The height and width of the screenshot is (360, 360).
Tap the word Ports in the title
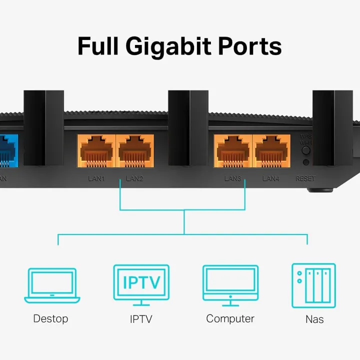click(x=251, y=46)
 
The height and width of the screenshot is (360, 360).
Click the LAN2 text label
click(x=134, y=178)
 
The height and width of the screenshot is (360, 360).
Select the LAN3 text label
click(x=232, y=178)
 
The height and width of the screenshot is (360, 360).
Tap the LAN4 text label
click(x=271, y=178)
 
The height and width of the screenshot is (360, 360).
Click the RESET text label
click(x=305, y=178)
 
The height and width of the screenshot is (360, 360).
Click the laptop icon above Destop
click(x=52, y=285)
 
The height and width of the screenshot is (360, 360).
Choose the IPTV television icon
click(x=141, y=283)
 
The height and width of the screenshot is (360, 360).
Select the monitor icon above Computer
click(x=230, y=284)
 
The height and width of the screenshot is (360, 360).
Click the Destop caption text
click(x=50, y=318)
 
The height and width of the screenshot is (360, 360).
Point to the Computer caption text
click(x=230, y=318)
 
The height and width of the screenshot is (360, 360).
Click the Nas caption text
click(x=314, y=319)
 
